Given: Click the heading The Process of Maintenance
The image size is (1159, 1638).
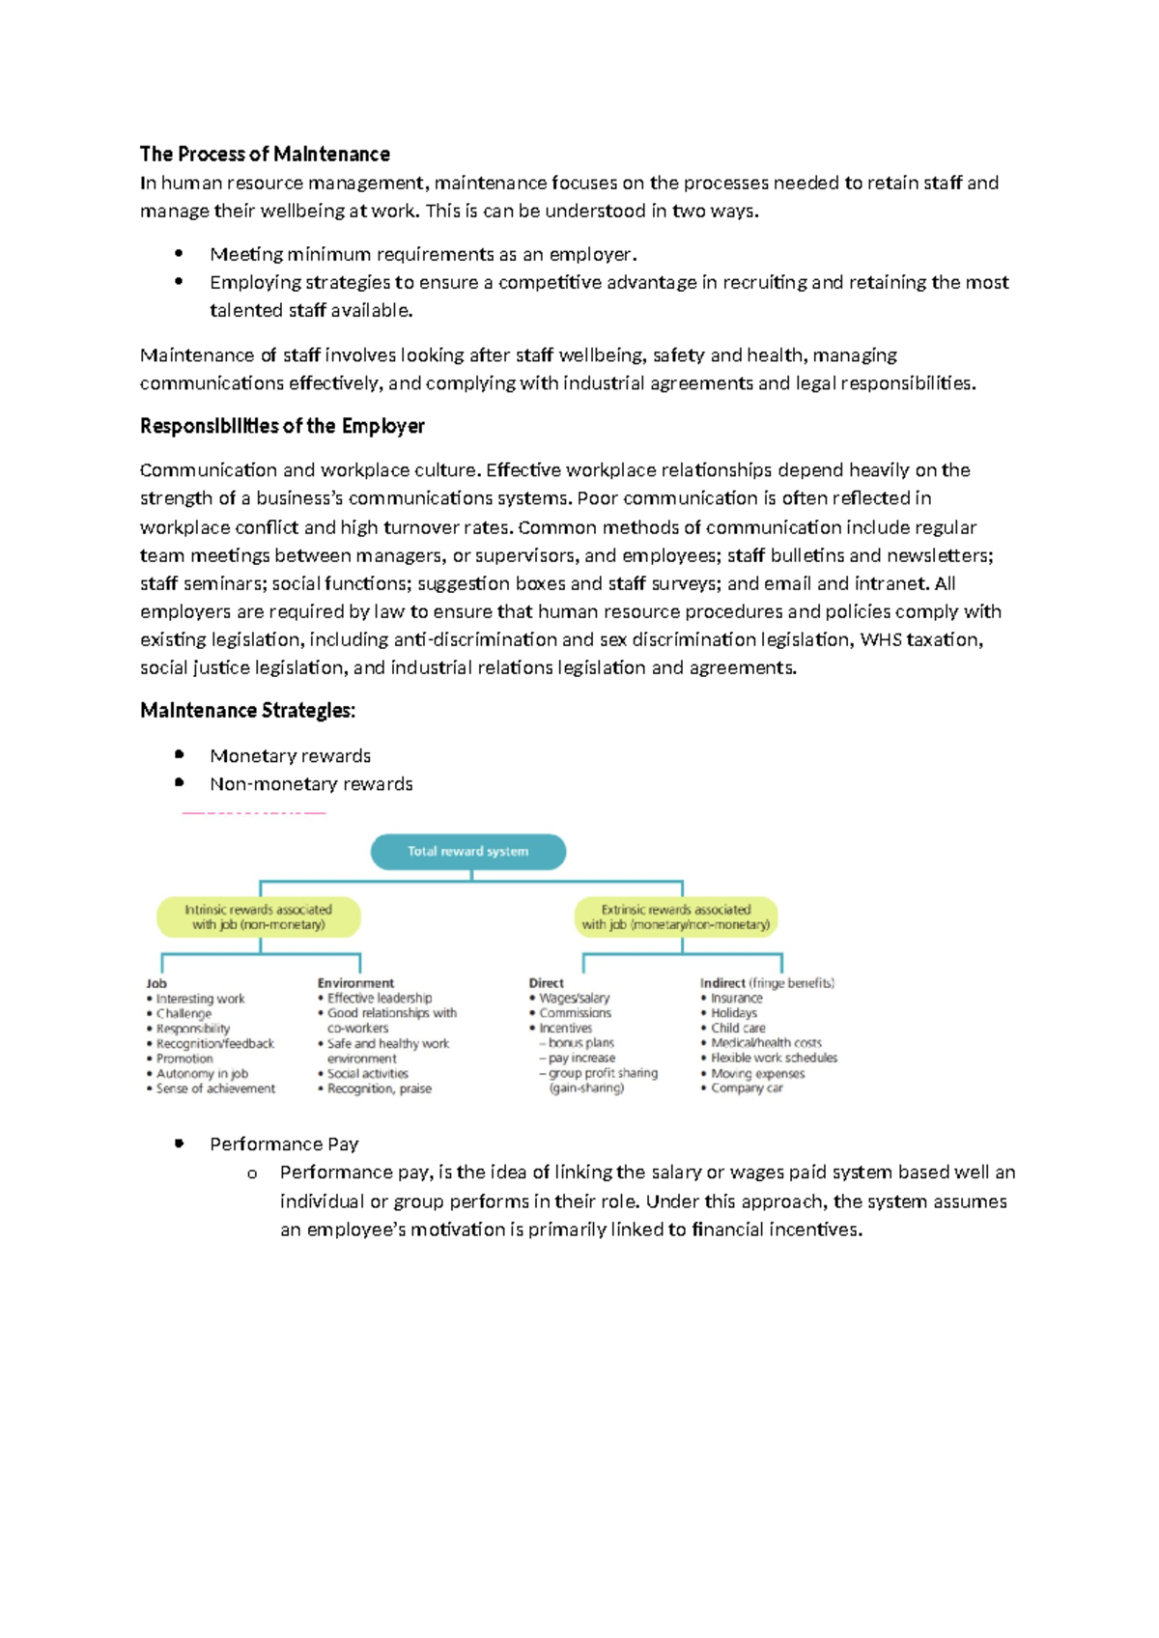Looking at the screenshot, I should [x=265, y=155].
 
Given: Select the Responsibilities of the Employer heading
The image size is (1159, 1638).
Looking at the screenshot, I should [x=282, y=426].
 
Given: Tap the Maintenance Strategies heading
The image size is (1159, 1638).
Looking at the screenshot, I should [x=247, y=711].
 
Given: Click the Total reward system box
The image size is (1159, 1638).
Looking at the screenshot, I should [x=468, y=852].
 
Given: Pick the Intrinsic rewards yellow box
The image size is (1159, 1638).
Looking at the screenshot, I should [x=259, y=918].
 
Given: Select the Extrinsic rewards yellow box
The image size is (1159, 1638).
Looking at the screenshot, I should [x=676, y=918].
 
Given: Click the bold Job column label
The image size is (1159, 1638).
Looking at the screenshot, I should [x=156, y=983].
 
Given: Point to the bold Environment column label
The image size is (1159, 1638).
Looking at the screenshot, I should [x=355, y=983].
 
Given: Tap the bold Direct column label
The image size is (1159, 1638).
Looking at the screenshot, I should [x=546, y=983].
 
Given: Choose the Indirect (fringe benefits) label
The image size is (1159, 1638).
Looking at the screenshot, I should [x=767, y=983].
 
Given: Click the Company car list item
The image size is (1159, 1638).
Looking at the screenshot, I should [x=747, y=1088].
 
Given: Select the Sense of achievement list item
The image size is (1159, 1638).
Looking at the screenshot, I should [x=215, y=1088].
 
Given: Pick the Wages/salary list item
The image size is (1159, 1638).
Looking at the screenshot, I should [x=574, y=998].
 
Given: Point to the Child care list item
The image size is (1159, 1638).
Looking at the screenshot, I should [x=738, y=1029].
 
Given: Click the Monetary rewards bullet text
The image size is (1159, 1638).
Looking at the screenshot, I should [x=290, y=756].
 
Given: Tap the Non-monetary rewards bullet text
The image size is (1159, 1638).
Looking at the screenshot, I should [x=311, y=784].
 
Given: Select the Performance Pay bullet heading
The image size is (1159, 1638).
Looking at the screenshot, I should [x=284, y=1144].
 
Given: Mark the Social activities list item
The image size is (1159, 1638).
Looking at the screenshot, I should [x=367, y=1073].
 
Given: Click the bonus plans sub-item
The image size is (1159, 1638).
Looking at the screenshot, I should [x=580, y=1043].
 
